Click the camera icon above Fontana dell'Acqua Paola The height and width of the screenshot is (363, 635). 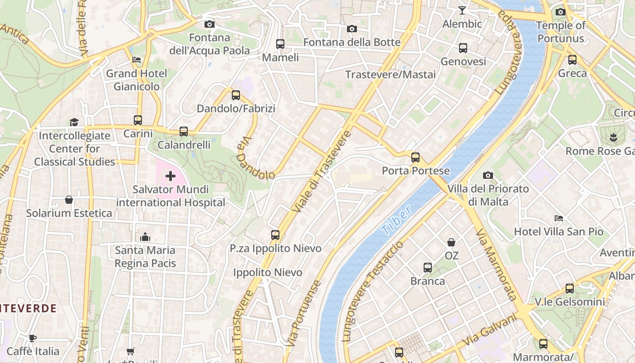209,24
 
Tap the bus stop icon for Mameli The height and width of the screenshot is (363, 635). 280,44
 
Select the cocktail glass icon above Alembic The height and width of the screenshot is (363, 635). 462,10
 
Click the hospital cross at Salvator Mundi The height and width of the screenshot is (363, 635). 171,176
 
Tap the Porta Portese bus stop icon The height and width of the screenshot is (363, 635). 415,157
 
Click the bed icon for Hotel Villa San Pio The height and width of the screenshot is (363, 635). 559,218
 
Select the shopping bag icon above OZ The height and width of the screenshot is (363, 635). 451,242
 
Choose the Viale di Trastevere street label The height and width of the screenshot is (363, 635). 322,172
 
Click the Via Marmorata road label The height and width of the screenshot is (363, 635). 496,264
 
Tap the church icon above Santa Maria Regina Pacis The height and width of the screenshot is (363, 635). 145,237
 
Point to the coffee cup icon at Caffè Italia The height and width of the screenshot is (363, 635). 33,338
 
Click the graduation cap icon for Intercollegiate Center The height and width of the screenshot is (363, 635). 74,122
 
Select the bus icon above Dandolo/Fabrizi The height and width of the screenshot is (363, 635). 236,95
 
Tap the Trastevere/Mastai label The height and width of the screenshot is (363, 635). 391,74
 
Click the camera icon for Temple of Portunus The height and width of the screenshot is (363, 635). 561,12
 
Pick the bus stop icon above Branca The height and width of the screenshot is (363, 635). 428,268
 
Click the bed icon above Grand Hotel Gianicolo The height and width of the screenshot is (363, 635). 137,60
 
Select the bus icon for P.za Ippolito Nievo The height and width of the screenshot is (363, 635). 275,235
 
